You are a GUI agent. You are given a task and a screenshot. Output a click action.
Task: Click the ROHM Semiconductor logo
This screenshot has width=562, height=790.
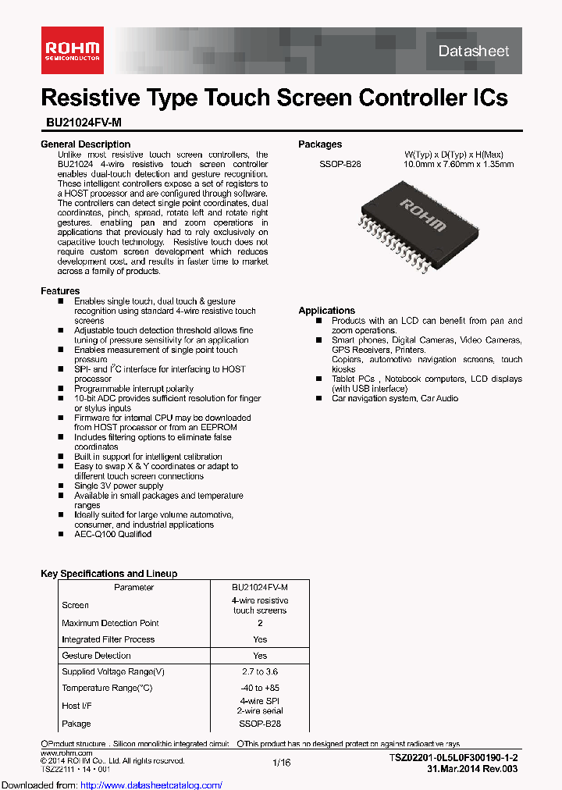[71, 50]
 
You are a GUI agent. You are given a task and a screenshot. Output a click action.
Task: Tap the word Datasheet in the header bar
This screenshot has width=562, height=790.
[473, 52]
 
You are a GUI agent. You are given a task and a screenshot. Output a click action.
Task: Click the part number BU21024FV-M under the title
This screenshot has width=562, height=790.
[82, 123]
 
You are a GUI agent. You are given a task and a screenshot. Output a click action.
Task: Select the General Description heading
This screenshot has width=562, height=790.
[85, 144]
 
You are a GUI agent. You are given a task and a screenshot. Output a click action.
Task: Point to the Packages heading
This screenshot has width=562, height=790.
[320, 144]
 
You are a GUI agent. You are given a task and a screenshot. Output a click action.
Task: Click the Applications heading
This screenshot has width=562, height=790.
[326, 311]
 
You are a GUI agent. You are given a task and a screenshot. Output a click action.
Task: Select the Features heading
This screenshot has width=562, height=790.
[60, 291]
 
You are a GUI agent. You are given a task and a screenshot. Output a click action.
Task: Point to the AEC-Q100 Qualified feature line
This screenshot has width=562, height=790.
[112, 535]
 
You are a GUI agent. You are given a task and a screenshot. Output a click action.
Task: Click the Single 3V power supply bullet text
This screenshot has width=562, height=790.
[119, 486]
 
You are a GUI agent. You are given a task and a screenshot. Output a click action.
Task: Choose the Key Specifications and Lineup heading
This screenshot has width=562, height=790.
[108, 574]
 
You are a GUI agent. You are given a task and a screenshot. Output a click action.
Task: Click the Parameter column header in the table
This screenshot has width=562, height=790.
[133, 587]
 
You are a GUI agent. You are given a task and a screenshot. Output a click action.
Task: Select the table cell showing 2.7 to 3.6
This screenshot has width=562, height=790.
[260, 671]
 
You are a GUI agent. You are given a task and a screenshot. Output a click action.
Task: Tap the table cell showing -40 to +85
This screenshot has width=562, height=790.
[260, 688]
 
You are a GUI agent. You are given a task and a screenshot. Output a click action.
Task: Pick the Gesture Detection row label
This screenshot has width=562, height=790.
[96, 656]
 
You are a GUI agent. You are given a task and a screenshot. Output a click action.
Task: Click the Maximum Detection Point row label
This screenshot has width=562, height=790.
[110, 623]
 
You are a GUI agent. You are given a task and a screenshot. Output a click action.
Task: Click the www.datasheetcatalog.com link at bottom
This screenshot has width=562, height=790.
[111, 785]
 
